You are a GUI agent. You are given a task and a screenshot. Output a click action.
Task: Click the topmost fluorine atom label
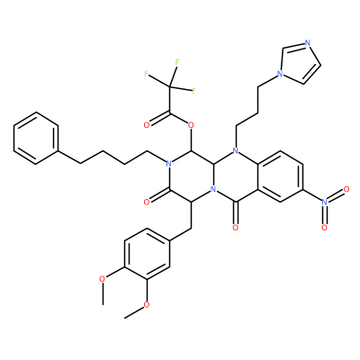coord(177,62)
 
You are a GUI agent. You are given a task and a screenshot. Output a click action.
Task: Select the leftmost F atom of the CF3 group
coord(147,74)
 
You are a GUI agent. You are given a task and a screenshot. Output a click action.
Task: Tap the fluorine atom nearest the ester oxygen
coord(193,91)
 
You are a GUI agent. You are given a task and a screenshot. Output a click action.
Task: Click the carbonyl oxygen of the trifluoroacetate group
coord(147,125)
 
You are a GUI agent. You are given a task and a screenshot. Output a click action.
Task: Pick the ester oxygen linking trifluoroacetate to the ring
coord(189,124)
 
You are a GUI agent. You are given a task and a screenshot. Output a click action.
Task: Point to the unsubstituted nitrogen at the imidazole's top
coord(307,43)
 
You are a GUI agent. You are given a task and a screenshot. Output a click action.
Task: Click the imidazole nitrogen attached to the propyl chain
coord(280,73)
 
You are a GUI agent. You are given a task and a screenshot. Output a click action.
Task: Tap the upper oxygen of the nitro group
coord(346,189)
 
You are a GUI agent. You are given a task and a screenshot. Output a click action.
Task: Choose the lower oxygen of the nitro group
coord(324,228)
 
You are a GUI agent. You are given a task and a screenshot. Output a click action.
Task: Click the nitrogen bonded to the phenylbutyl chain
coord(168,164)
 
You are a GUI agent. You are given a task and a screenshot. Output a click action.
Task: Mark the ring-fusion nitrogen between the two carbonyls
coord(213,190)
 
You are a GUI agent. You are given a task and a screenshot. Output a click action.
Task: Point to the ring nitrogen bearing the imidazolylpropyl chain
coord(236,150)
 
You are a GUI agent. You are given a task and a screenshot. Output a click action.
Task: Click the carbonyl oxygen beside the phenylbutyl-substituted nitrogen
coord(147,202)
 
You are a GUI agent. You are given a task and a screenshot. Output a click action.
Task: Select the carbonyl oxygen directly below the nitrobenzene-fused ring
coord(236,228)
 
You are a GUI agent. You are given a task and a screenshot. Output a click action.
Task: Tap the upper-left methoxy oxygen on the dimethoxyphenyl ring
coord(103,279)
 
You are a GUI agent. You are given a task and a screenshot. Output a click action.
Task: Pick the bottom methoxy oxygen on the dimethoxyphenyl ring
coord(147,305)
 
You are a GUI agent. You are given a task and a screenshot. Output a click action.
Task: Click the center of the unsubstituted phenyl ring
coord(36,138)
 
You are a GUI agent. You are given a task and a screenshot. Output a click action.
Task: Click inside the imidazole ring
coord(300,64)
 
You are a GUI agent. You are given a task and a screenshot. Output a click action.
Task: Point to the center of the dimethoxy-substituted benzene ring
coord(147,254)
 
